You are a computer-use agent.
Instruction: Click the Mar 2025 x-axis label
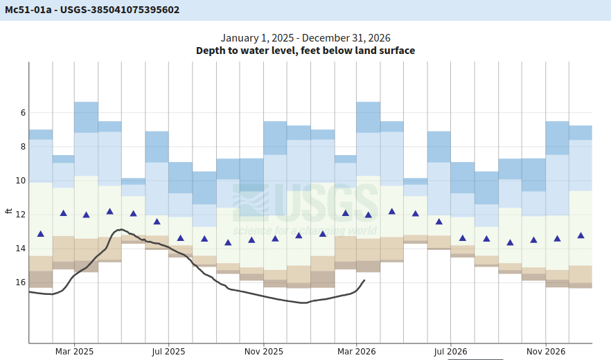pyautogui.click(x=74, y=351)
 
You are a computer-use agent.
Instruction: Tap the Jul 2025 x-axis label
pyautogui.click(x=168, y=351)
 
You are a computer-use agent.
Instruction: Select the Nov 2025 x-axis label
pyautogui.click(x=264, y=351)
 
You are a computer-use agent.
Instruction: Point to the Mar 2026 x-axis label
pyautogui.click(x=357, y=351)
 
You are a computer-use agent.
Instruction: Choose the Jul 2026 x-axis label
pyautogui.click(x=450, y=351)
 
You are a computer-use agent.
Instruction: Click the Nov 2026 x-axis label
pyautogui.click(x=546, y=351)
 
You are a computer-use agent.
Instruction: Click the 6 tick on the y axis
pyautogui.click(x=23, y=112)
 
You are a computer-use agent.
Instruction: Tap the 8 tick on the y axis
pyautogui.click(x=23, y=146)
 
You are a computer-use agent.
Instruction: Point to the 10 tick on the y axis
pyautogui.click(x=21, y=180)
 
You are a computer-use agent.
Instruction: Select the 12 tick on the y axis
pyautogui.click(x=21, y=215)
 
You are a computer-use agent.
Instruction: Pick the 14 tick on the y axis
pyautogui.click(x=21, y=249)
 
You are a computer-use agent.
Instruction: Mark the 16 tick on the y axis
pyautogui.click(x=21, y=282)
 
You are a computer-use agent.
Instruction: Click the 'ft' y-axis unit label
pyautogui.click(x=8, y=210)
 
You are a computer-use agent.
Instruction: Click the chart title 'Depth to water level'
pyautogui.click(x=305, y=51)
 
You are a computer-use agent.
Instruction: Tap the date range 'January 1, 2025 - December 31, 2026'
pyautogui.click(x=305, y=38)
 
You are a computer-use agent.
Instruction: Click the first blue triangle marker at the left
pyautogui.click(x=40, y=234)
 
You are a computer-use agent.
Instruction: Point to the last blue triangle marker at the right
pyautogui.click(x=581, y=235)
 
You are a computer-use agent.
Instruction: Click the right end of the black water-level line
pyautogui.click(x=364, y=280)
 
